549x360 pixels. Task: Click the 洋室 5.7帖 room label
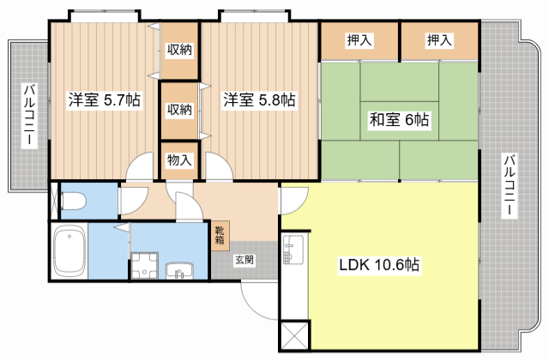point(105,100)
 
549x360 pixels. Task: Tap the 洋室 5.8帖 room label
point(259,100)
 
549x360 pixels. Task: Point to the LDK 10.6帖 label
point(377,265)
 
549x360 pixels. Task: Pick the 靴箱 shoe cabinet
point(220,234)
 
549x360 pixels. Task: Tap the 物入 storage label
point(179,159)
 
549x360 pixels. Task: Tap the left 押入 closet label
point(359,39)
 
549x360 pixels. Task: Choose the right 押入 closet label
point(439,39)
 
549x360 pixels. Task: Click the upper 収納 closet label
point(179,50)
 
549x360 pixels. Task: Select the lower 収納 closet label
point(179,109)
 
